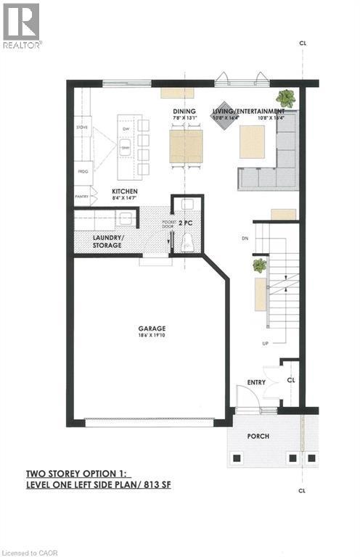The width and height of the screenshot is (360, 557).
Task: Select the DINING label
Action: tap(182, 111)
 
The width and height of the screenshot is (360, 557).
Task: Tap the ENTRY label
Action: tap(255, 382)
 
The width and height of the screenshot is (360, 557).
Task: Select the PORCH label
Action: tap(258, 436)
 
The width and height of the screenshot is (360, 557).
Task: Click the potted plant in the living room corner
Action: tap(284, 97)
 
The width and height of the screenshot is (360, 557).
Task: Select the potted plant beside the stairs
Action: tap(259, 266)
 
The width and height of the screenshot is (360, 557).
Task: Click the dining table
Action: tap(187, 145)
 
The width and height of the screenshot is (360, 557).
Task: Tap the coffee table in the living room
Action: tap(252, 141)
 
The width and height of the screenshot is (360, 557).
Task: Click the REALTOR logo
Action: tap(22, 26)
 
